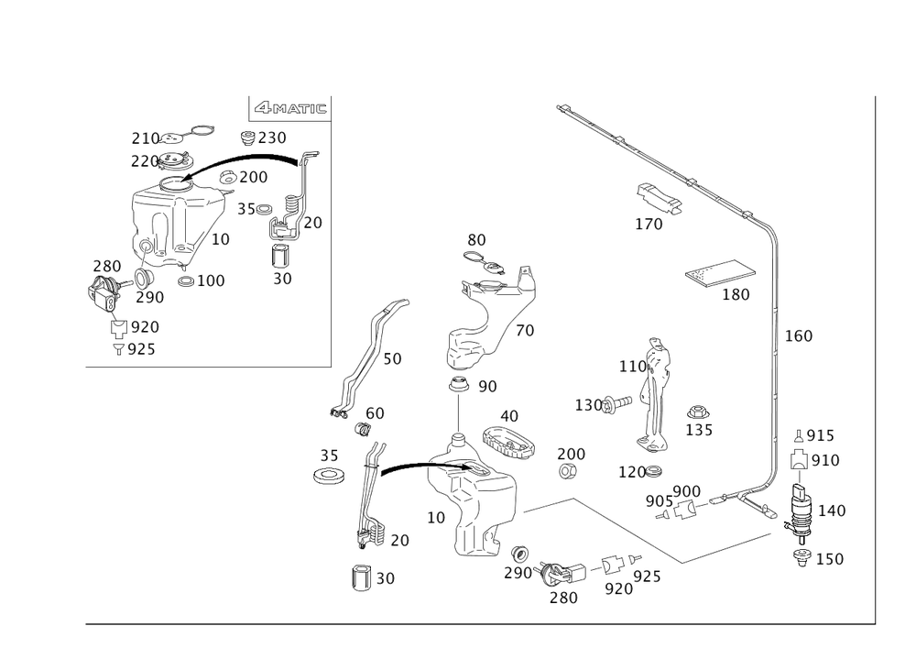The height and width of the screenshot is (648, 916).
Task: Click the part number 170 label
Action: (649, 224)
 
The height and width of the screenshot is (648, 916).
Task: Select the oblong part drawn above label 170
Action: (660, 199)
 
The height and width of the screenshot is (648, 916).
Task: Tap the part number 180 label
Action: (736, 294)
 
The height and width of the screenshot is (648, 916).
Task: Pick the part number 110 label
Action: (633, 367)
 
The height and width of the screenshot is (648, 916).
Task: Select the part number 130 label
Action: (588, 403)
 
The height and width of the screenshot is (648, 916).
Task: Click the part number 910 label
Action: (827, 461)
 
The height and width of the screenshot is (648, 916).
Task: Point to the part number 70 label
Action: (524, 333)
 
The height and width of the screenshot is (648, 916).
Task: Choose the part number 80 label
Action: (477, 240)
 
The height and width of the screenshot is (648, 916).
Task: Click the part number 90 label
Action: (486, 387)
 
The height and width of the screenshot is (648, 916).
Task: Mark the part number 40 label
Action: (508, 415)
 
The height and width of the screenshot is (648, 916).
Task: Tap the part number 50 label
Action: (392, 360)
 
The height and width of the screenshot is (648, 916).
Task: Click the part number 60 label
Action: (375, 414)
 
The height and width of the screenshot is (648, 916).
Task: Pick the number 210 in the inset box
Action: (145, 137)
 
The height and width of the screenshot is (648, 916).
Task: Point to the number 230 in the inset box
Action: (271, 138)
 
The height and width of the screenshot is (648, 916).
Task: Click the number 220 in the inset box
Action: (145, 159)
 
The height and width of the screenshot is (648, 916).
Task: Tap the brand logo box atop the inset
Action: (290, 108)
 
